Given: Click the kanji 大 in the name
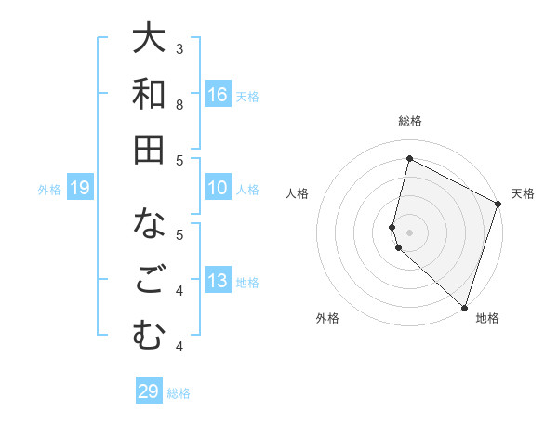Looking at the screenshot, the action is [x=149, y=39].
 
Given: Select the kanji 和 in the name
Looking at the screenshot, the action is [x=149, y=94].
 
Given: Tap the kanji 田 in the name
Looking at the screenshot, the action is [x=149, y=149].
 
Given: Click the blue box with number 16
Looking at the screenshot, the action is [x=218, y=94].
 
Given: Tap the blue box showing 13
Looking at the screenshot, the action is [x=218, y=282].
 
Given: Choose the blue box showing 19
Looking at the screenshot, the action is [x=80, y=189].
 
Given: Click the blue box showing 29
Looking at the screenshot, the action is [x=149, y=391].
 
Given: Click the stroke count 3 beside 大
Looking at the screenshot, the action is [x=179, y=48].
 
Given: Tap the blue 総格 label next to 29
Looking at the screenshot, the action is [x=179, y=392].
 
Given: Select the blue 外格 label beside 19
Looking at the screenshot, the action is [x=49, y=190].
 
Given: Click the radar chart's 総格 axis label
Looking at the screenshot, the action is [x=410, y=121].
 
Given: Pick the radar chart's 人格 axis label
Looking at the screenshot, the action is [x=297, y=193].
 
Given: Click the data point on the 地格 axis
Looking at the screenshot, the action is [x=464, y=308].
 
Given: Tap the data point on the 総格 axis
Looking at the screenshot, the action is [x=409, y=159].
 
